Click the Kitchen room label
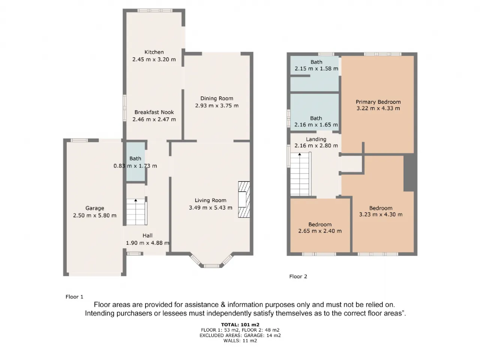[x=154, y=52]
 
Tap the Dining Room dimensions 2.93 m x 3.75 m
[x=217, y=106]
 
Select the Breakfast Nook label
[x=154, y=112]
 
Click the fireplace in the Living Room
[x=244, y=199]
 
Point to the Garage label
[x=95, y=208]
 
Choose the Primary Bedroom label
[x=378, y=102]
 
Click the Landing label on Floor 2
[x=316, y=139]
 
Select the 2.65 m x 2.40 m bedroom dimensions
[x=320, y=231]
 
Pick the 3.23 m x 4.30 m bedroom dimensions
[x=381, y=214]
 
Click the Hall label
[x=147, y=235]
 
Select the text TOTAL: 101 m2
[x=240, y=325]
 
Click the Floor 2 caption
[x=298, y=276]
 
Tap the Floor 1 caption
[x=74, y=297]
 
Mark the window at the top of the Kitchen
[x=155, y=10]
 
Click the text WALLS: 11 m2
[x=240, y=340]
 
